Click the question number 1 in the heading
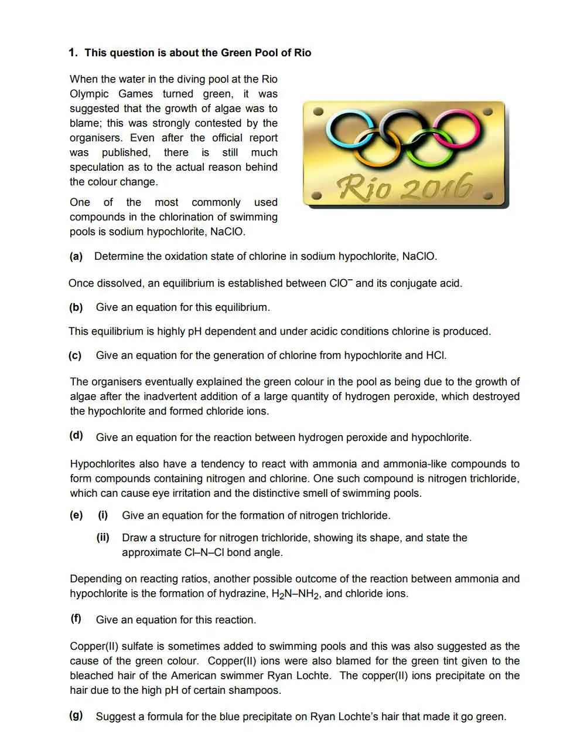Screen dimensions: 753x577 (72, 53)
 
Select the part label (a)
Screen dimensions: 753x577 (76, 256)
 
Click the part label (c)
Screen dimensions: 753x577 (75, 355)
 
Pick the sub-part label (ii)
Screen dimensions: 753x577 (103, 538)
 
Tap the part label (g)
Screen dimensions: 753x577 (76, 715)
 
